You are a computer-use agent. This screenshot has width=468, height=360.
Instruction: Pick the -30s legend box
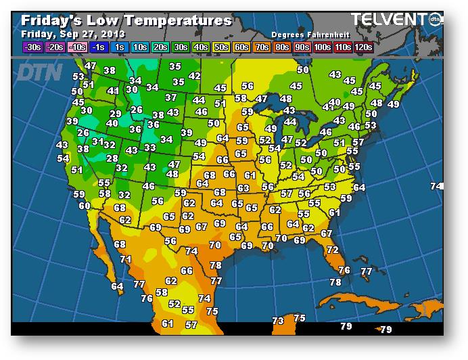pos(32,47)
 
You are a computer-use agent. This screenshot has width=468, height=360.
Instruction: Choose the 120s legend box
pos(362,47)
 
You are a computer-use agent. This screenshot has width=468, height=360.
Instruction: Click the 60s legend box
pos(241,47)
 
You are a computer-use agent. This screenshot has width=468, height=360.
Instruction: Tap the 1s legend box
pos(119,47)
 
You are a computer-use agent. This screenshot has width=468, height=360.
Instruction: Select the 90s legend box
pos(302,47)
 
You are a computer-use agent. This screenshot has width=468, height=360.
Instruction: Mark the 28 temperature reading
pos(112,158)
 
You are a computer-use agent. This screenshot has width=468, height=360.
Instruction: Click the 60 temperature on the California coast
pos(85,206)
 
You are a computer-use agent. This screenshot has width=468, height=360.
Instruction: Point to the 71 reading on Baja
pos(125,258)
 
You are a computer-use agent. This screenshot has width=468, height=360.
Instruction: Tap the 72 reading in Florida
pos(332,250)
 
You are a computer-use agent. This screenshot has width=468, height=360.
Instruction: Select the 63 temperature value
pos(243,188)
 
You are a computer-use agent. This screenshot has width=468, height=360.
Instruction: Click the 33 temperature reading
pos(149,148)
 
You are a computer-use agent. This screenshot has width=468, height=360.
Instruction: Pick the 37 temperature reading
pos(171,97)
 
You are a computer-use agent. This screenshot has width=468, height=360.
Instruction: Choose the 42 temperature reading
pos(194,76)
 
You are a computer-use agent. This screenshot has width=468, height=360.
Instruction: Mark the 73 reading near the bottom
pos(278,320)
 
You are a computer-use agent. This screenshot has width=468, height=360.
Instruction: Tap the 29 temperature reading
pos(115,114)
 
